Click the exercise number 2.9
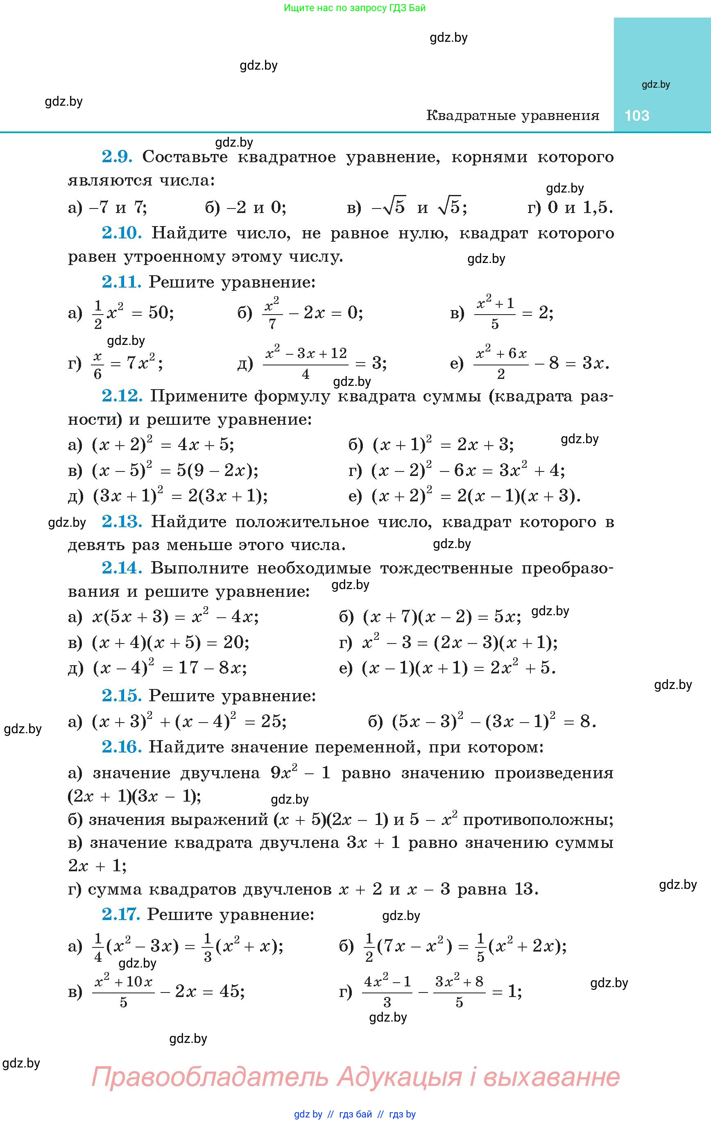tap(117, 157)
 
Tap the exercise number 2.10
tap(121, 233)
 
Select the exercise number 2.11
tap(121, 282)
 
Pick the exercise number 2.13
tap(121, 521)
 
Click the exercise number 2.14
tap(121, 568)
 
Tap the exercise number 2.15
tap(121, 696)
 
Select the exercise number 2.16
tap(121, 747)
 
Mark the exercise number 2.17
tap(120, 914)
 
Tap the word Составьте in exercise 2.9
tap(185, 157)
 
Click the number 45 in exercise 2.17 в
tap(231, 990)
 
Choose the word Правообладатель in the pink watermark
tap(210, 1076)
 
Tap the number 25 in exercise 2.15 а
tap(272, 722)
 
